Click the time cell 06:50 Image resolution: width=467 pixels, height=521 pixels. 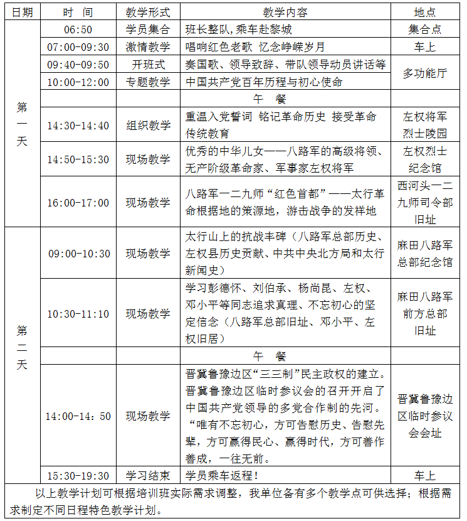(78, 30)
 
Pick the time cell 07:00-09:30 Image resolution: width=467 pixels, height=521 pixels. (78, 47)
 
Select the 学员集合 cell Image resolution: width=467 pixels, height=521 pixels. (148, 30)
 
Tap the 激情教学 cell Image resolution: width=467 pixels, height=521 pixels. (148, 47)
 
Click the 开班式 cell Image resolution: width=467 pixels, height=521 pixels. (148, 65)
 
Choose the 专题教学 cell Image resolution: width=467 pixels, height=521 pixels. (148, 82)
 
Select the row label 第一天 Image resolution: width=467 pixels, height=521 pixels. (22, 124)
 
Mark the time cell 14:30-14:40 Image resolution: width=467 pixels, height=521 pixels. (78, 126)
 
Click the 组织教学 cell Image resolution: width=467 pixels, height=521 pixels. (148, 126)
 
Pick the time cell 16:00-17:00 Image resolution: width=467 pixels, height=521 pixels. (78, 203)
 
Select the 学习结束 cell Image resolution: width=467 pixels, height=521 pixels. (148, 475)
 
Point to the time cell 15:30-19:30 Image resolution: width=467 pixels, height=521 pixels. (78, 475)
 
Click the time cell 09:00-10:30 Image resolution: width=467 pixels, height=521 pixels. (78, 254)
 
